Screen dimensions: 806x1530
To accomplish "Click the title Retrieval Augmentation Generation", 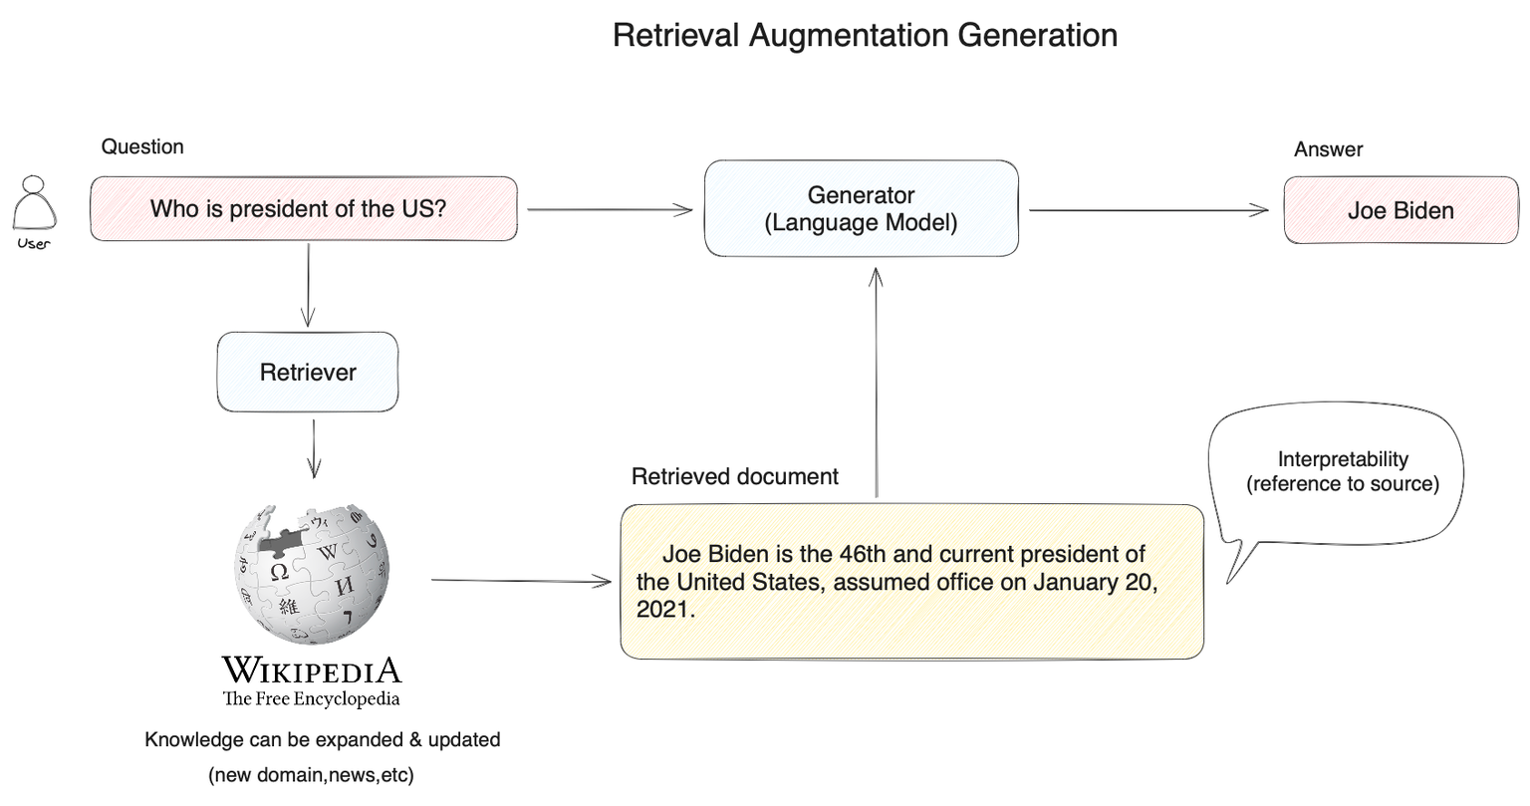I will coord(865,36).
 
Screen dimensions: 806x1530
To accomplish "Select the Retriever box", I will coord(308,373).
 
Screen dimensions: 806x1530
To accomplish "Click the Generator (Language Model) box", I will coord(861,209).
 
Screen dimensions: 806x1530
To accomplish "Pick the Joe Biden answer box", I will coord(1401,210).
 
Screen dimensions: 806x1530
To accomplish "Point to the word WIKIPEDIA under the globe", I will coord(311,669).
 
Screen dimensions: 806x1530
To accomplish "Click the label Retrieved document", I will coord(735,477).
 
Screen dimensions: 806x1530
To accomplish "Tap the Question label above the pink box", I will coord(142,147).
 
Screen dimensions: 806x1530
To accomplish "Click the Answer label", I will coord(1328,149).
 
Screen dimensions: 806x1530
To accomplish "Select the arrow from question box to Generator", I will coord(609,209).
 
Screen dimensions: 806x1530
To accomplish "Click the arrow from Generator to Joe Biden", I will coord(1147,210).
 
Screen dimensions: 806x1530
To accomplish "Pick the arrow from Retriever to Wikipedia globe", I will coord(315,447).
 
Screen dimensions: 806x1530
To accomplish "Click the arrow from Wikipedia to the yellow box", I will coord(521,581).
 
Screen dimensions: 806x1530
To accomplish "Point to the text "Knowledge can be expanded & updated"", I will coord(322,740).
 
